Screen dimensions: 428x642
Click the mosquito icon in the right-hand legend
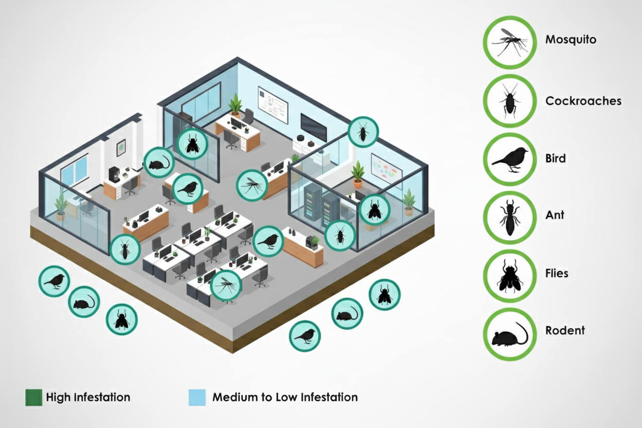(x=509, y=42)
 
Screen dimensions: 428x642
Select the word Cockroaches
(x=583, y=101)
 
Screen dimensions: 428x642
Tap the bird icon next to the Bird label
(x=509, y=159)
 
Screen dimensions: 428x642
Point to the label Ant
(x=555, y=215)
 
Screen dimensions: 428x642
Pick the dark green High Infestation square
(x=34, y=397)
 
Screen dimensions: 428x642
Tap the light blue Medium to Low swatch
(x=197, y=397)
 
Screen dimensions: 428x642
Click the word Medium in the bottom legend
(x=231, y=397)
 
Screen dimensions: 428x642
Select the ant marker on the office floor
(x=125, y=249)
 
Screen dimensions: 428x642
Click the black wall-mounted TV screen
(x=313, y=127)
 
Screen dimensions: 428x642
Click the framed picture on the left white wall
(x=121, y=148)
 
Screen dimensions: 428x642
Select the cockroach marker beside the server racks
(x=340, y=236)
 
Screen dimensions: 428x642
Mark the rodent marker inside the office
(x=158, y=163)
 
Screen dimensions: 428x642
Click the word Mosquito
(x=570, y=39)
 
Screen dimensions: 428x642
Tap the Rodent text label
(x=565, y=330)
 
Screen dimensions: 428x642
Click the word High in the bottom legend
(x=58, y=397)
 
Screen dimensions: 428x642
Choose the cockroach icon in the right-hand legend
(x=509, y=101)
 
